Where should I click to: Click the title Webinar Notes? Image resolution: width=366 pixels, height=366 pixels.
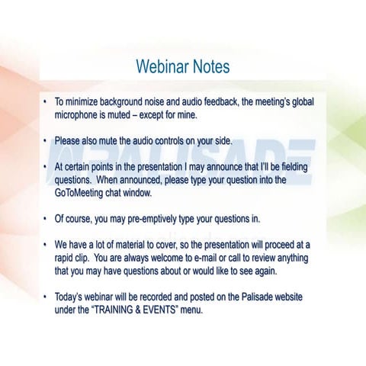tap(182, 67)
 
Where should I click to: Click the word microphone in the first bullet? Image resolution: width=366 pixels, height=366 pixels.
tap(80, 115)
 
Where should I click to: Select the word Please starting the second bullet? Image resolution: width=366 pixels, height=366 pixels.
tap(69, 141)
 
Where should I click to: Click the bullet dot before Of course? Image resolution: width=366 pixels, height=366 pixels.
tap(46, 219)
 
